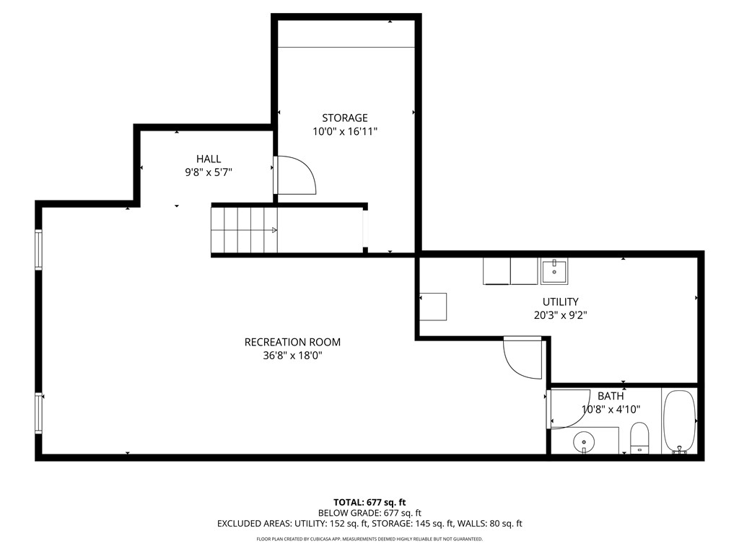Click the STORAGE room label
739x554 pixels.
click(344, 118)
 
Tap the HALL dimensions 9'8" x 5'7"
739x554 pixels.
click(209, 172)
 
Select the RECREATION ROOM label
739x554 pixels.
click(292, 342)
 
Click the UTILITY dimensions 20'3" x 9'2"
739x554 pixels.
click(561, 315)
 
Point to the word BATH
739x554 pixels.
click(611, 396)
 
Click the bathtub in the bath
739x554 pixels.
click(679, 421)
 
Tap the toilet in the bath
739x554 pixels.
click(639, 437)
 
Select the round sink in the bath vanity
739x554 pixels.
click(583, 441)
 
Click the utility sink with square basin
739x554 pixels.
click(554, 271)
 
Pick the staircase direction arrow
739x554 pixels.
click(274, 230)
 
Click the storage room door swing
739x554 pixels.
click(296, 175)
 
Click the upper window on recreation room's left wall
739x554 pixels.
click(38, 249)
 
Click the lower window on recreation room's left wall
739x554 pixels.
click(38, 412)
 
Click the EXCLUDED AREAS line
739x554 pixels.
click(369, 524)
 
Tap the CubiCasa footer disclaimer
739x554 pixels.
click(369, 539)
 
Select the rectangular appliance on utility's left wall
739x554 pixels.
click(433, 307)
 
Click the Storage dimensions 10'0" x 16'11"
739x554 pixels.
click(344, 131)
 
